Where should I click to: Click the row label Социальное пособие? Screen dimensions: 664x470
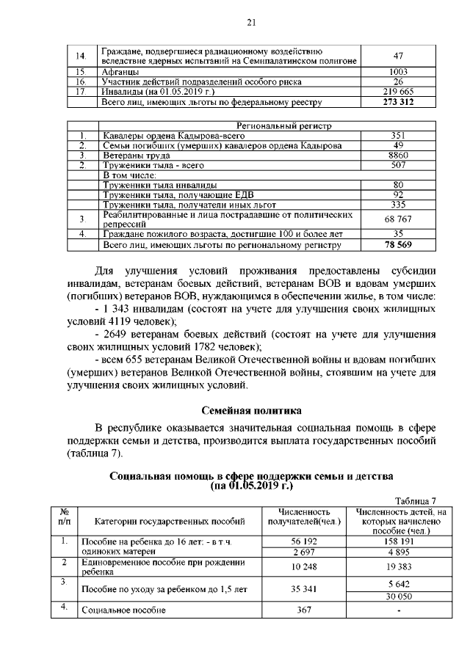123,610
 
